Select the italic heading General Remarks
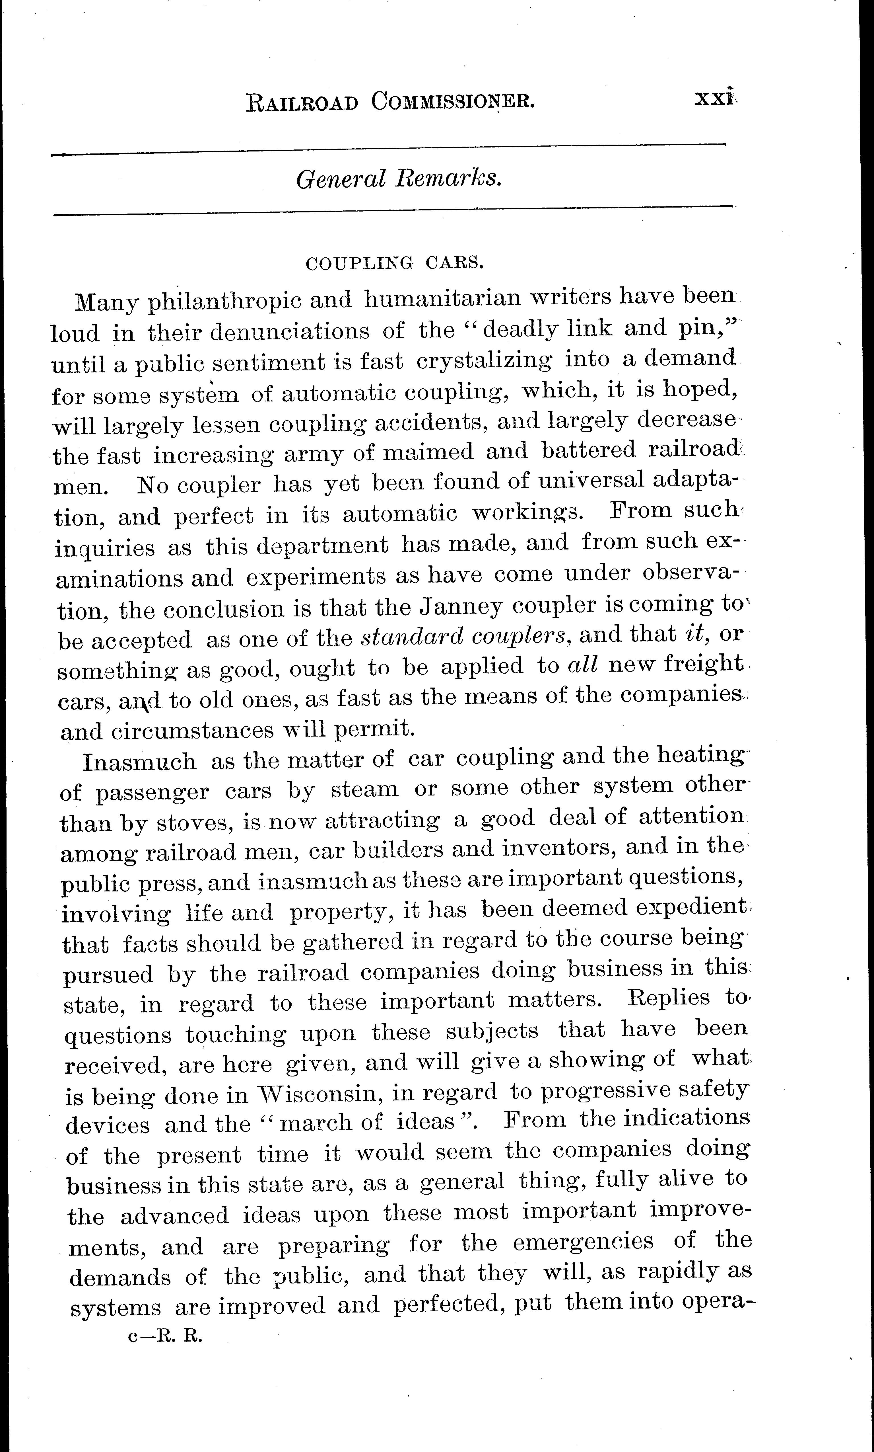coord(399,178)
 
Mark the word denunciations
coord(290,331)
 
